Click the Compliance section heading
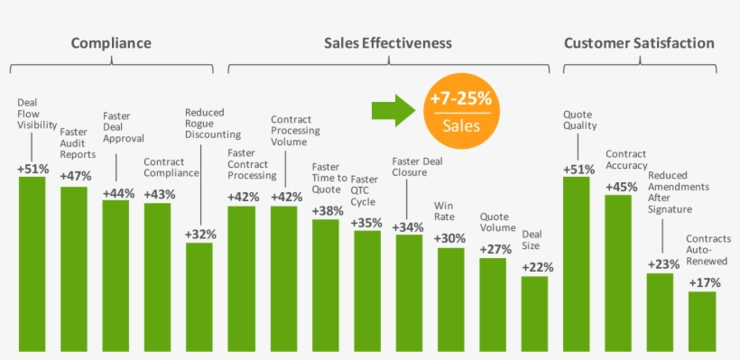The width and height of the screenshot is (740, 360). tap(111, 43)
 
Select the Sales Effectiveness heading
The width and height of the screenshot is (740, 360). tap(388, 43)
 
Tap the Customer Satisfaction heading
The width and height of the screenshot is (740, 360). tap(639, 43)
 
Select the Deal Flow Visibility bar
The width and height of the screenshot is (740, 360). tap(32, 262)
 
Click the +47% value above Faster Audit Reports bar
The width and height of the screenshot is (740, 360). tap(74, 177)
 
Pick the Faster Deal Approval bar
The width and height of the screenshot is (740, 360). tap(116, 274)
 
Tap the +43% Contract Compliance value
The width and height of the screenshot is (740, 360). tap(158, 193)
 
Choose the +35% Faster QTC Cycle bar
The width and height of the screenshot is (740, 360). tap(366, 289)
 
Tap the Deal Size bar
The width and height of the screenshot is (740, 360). tap(534, 312)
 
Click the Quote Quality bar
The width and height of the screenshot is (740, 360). tap(577, 262)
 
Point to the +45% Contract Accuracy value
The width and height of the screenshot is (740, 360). tap(618, 186)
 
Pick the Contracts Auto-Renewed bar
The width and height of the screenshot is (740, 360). tap(701, 320)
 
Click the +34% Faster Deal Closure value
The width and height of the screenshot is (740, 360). tap(409, 226)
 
